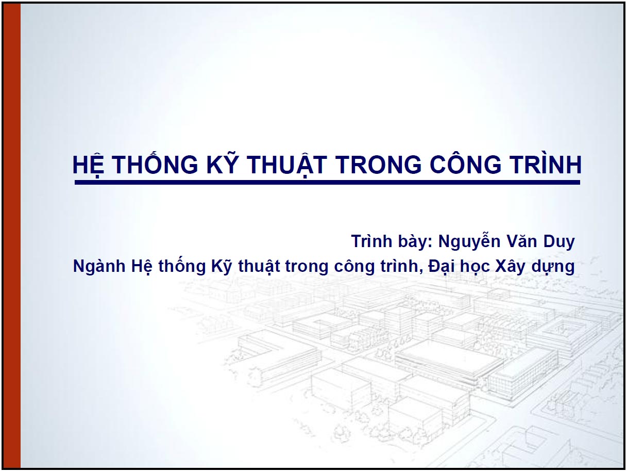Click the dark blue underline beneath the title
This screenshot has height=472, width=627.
[327, 182]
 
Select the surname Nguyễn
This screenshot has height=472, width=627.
[469, 241]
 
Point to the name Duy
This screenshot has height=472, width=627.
[560, 241]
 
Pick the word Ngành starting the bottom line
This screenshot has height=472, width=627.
[99, 267]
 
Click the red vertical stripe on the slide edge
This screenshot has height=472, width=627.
[13, 236]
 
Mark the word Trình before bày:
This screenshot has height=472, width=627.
[370, 241]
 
